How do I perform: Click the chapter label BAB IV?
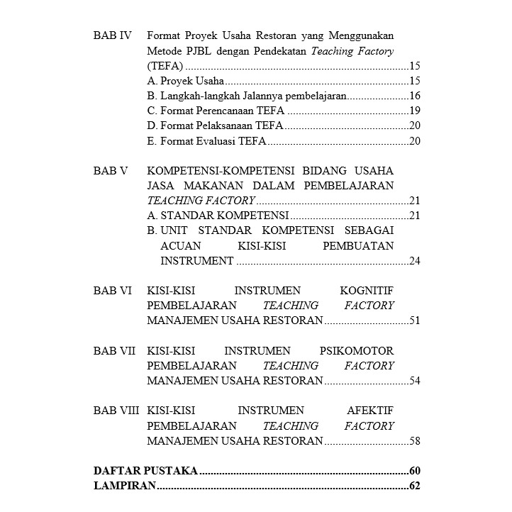coord(113,35)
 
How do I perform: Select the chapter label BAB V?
coord(111,171)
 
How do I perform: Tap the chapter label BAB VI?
coord(113,291)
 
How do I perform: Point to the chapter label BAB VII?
coord(114,351)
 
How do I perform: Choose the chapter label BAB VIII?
coord(116,411)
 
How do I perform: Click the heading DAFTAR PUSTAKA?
coord(145,472)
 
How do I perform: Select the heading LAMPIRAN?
coord(124,486)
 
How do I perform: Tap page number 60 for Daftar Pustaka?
coord(415,472)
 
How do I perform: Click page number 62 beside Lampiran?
coord(415,486)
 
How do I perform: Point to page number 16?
coord(415,96)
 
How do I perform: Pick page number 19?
coord(415,111)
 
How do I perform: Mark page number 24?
coord(415,261)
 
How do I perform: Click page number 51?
coord(415,321)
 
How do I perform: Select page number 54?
coord(415,382)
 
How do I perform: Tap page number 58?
coord(415,442)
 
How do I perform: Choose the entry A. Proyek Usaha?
coord(185,81)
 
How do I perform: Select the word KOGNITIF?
coord(367,291)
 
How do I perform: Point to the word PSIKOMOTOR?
coord(357,351)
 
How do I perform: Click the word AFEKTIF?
coord(370,411)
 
